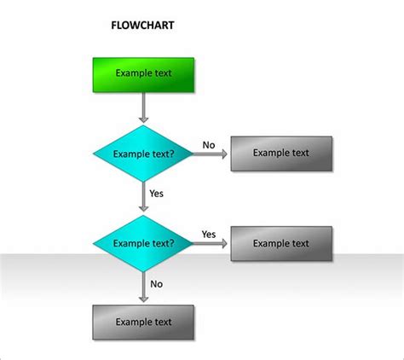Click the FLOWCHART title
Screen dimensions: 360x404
(x=143, y=26)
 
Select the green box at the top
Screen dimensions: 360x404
(x=144, y=74)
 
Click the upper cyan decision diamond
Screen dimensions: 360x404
(x=143, y=154)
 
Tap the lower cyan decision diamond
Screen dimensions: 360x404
(x=143, y=243)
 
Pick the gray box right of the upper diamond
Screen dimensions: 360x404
(x=281, y=154)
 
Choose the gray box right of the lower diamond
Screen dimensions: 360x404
(x=281, y=243)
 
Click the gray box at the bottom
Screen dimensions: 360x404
(x=143, y=322)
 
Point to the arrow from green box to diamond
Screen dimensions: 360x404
(x=143, y=107)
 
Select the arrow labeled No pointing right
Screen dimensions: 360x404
(x=211, y=154)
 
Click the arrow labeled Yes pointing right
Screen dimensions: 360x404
(x=211, y=243)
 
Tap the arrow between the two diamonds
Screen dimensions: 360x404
(x=143, y=198)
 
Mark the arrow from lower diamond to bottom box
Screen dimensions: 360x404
(x=143, y=287)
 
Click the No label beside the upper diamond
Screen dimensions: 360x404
(x=209, y=144)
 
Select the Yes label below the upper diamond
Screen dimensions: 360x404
(x=156, y=194)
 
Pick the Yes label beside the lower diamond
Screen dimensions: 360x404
(x=209, y=233)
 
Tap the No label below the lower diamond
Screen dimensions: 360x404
(x=156, y=283)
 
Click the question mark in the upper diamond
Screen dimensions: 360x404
(x=173, y=154)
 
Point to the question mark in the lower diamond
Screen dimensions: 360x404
(x=173, y=243)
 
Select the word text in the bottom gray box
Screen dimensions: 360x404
(x=162, y=322)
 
